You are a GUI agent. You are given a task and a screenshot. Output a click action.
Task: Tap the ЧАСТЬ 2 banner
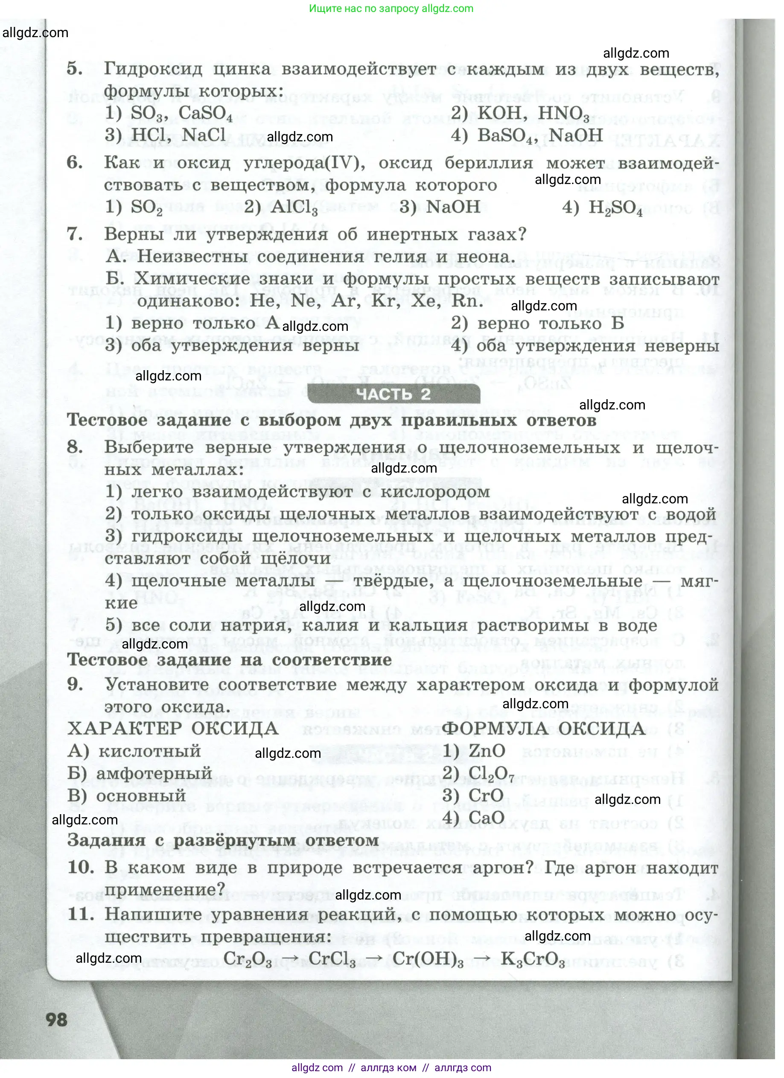[393, 394]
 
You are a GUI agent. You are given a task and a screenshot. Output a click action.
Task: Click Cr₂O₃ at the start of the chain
[248, 959]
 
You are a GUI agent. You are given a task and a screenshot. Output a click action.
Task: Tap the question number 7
[75, 234]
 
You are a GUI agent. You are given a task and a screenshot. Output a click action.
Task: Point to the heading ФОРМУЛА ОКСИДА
[543, 729]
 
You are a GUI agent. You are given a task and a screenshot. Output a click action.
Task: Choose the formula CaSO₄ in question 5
[206, 114]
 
